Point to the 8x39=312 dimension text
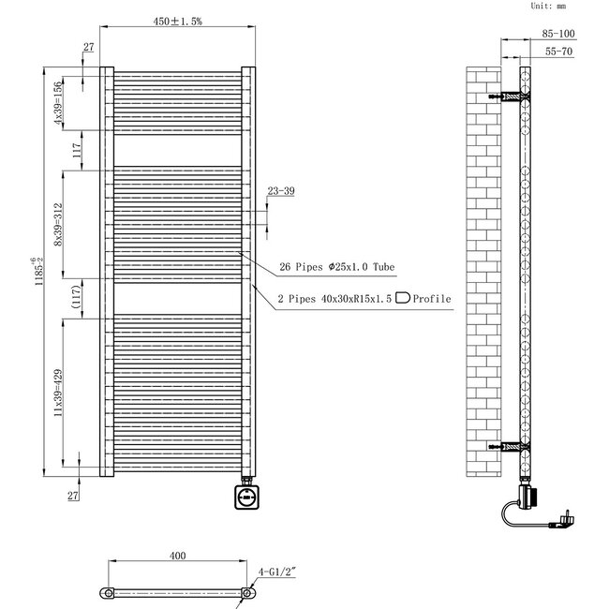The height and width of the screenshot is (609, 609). pyautogui.click(x=58, y=225)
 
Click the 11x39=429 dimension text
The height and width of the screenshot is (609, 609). pyautogui.click(x=58, y=392)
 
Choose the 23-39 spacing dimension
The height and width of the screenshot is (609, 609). pyautogui.click(x=280, y=191)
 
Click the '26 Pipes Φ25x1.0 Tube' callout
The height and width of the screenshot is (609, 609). pyautogui.click(x=337, y=268)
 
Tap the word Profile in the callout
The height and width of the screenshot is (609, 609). pyautogui.click(x=433, y=299)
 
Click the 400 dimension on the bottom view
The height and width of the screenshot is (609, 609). pyautogui.click(x=177, y=556)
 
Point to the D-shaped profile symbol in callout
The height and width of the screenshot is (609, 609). pyautogui.click(x=404, y=299)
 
